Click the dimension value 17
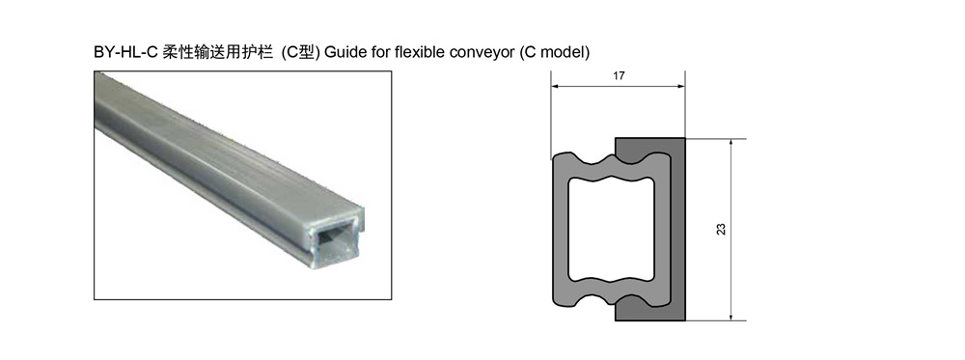[620, 75]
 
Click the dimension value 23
[721, 229]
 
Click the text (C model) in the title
[554, 53]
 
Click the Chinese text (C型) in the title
[300, 52]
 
